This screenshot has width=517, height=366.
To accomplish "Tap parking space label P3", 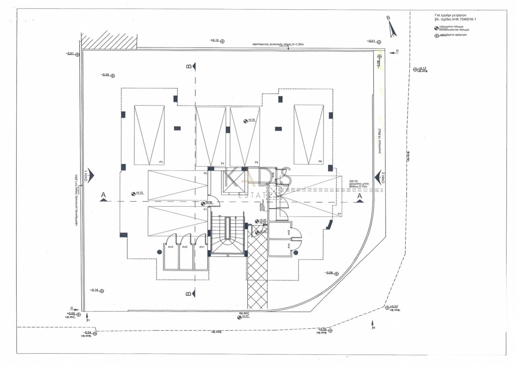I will [x=161, y=162].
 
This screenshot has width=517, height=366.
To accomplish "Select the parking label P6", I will [x=320, y=162].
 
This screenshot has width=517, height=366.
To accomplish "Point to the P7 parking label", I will [x=339, y=214].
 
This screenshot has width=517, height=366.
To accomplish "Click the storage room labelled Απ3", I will [x=171, y=247].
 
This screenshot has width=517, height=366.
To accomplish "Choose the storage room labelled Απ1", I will [x=202, y=247].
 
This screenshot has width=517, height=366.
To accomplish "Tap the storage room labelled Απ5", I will [x=289, y=233].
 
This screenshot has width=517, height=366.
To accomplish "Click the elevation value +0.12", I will [x=214, y=40].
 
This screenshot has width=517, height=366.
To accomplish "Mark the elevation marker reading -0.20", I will [x=105, y=75].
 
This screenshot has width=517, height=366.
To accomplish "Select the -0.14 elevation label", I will [x=94, y=290].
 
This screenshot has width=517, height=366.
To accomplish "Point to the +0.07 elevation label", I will [x=394, y=307].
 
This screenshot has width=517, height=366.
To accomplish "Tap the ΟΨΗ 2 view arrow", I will [x=378, y=177].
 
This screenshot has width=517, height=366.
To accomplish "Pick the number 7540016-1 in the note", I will [x=467, y=19].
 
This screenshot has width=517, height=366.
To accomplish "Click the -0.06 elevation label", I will [x=329, y=273].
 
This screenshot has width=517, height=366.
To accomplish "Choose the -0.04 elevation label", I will [x=88, y=332].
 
